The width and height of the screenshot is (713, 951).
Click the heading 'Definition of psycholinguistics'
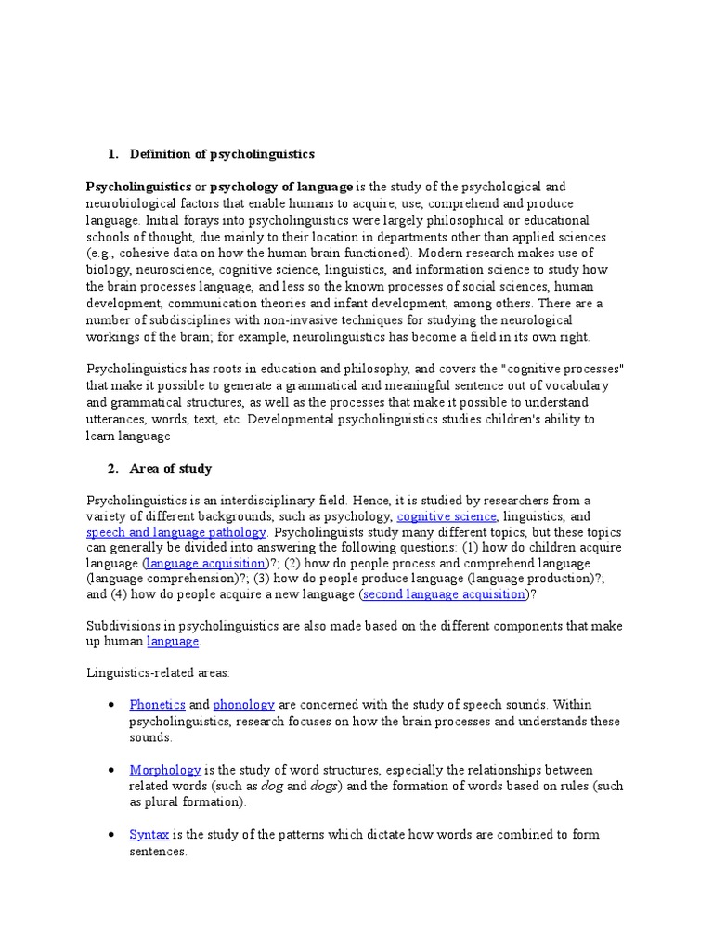[x=222, y=153]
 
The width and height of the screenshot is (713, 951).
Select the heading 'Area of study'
[x=171, y=468]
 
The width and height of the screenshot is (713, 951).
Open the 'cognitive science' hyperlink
[x=447, y=516]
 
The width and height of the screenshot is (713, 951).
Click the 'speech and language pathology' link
[x=176, y=532]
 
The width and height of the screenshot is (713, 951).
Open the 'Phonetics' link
[x=157, y=706]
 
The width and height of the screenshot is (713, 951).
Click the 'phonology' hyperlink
[x=242, y=706]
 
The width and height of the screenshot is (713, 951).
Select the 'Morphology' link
[x=164, y=770]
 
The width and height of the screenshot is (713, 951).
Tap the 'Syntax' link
[x=149, y=834]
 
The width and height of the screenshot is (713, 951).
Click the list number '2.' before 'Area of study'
[x=114, y=468]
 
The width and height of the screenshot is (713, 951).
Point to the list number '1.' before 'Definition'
[x=114, y=153]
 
